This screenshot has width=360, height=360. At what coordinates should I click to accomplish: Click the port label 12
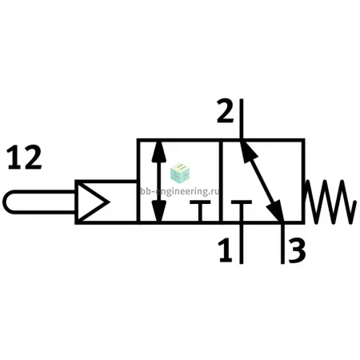(x=25, y=158)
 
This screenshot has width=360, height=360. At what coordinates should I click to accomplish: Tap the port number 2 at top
(x=226, y=111)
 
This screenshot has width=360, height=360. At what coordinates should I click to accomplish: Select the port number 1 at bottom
(x=226, y=250)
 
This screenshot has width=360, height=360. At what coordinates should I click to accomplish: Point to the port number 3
(x=297, y=250)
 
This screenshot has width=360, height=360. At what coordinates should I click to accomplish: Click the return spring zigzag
(x=330, y=202)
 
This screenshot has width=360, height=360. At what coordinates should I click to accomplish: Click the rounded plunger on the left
(x=40, y=202)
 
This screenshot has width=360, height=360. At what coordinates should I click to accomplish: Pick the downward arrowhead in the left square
(x=159, y=210)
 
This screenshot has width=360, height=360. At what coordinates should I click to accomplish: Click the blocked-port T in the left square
(x=200, y=210)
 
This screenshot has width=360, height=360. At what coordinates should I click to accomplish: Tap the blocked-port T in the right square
(x=242, y=210)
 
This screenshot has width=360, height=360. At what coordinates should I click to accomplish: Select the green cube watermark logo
(x=180, y=174)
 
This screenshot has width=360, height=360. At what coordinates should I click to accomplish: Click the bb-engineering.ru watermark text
(x=180, y=191)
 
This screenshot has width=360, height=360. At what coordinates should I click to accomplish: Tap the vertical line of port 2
(x=242, y=119)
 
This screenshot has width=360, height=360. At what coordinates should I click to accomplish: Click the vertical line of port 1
(x=242, y=243)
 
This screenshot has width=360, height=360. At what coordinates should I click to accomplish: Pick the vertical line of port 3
(x=282, y=243)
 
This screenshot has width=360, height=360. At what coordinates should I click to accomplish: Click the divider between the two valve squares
(x=221, y=181)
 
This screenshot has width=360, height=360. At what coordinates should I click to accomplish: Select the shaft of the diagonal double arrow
(x=262, y=181)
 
